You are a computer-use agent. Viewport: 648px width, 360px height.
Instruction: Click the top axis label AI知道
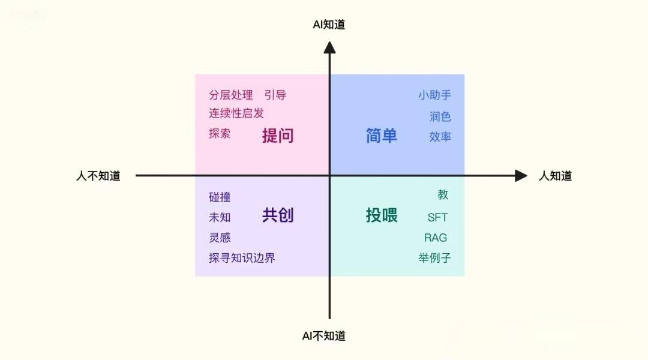(329, 25)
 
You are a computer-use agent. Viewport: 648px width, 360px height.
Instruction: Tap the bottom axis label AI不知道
(323, 336)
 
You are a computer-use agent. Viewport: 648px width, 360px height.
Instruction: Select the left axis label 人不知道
(98, 176)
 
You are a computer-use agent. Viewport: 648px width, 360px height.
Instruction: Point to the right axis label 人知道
(556, 176)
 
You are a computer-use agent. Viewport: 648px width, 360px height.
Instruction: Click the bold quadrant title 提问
(278, 136)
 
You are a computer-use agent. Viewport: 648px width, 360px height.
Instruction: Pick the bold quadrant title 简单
(382, 136)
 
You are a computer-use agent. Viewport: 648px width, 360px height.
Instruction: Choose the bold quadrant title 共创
(278, 215)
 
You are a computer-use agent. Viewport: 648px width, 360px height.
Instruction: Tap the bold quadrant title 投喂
(382, 215)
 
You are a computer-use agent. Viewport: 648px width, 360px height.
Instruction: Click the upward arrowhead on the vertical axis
(329, 47)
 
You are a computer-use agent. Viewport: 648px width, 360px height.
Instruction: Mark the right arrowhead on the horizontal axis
(521, 176)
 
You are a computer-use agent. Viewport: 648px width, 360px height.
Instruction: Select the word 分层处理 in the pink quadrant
(230, 95)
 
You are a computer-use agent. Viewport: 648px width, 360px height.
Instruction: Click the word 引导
(275, 95)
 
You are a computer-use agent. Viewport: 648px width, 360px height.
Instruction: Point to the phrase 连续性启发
(236, 113)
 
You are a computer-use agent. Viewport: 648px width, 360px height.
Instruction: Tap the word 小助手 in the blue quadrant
(435, 95)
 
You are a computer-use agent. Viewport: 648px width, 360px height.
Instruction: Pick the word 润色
(440, 116)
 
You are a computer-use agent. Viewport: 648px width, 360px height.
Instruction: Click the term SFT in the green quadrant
(437, 217)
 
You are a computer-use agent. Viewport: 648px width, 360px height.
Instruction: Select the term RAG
(436, 238)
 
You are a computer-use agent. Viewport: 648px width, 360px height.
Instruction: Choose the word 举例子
(435, 258)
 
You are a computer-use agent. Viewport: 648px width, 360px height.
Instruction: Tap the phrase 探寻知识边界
(242, 258)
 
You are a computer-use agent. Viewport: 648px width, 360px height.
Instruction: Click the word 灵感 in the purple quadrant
(220, 238)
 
